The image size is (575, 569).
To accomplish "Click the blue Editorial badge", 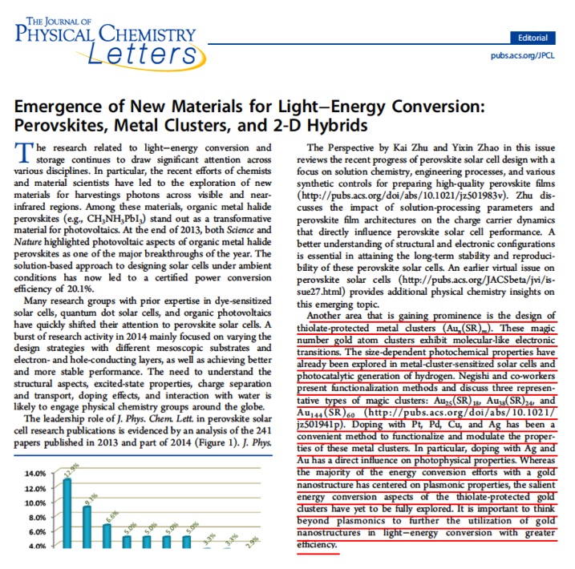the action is click(532, 38).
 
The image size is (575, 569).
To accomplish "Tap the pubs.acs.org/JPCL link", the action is click(523, 55).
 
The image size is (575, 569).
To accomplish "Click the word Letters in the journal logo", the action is click(142, 54).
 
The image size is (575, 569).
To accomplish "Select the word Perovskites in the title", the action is click(60, 125).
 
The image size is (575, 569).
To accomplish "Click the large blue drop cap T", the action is click(24, 152).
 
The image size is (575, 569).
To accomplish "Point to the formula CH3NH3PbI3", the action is click(116, 219).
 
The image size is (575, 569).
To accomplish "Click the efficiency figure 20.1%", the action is click(79, 289).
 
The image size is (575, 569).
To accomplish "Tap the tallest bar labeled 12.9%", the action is click(67, 513).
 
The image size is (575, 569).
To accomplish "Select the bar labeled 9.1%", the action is click(87, 527).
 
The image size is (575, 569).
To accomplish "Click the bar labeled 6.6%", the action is click(107, 536).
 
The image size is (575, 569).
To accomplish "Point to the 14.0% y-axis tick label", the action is click(35, 474).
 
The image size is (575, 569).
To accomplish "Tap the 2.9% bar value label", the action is click(252, 542).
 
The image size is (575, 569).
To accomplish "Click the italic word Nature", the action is click(27, 242).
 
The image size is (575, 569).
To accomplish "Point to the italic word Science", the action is click(241, 230).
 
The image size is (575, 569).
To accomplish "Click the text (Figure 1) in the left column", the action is click(215, 442).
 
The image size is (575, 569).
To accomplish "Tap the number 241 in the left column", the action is click(264, 430).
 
